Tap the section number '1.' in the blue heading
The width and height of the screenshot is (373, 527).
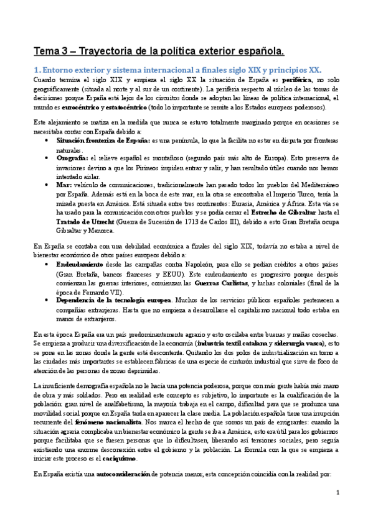click(x=37, y=70)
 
